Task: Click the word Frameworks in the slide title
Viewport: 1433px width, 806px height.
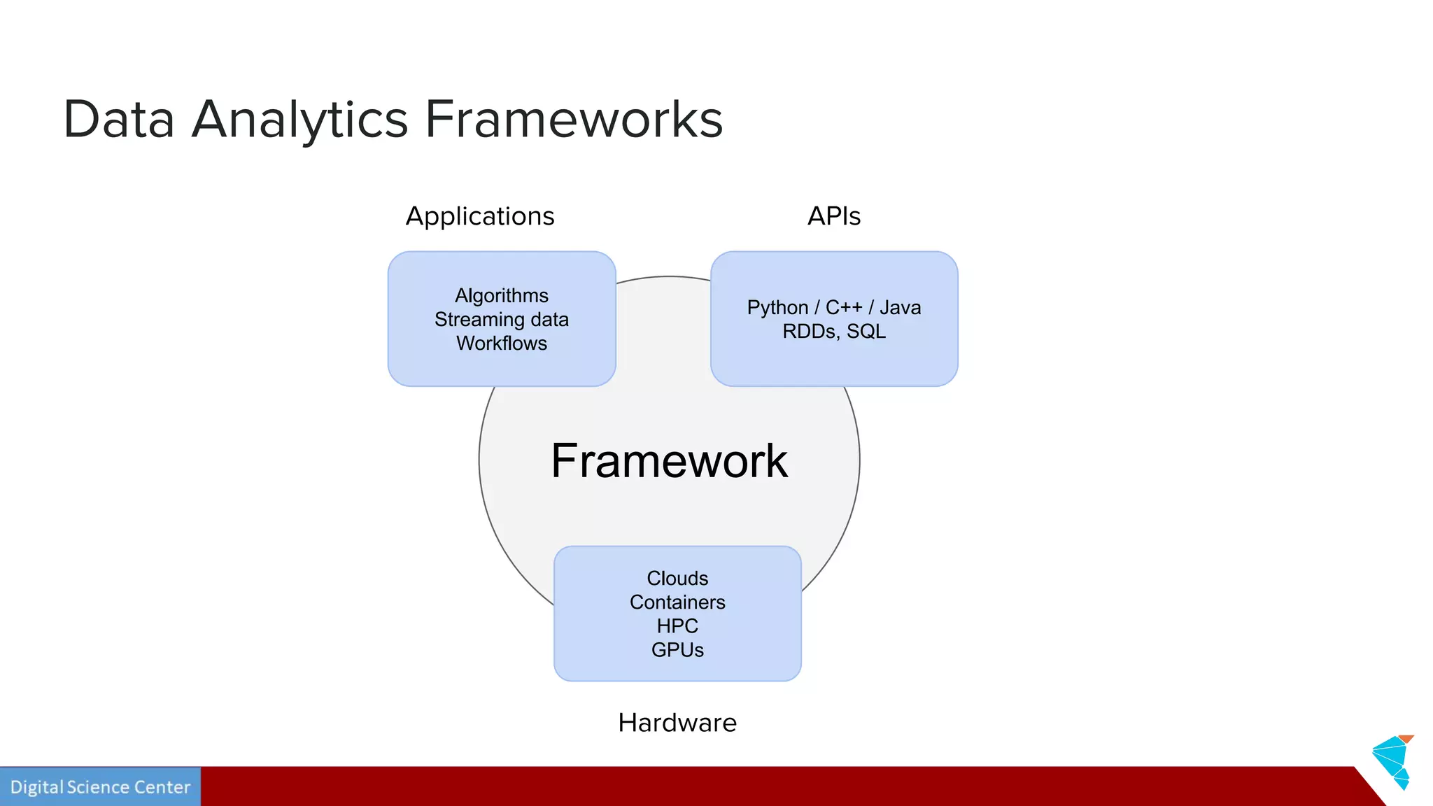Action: coord(574,120)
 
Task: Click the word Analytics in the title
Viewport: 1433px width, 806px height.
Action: coord(299,120)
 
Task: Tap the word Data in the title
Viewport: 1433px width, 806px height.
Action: coord(118,120)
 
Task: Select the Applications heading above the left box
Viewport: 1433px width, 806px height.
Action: coord(480,216)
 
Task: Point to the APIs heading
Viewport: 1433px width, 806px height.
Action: coord(833,216)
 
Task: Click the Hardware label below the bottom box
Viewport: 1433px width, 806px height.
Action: coord(677,723)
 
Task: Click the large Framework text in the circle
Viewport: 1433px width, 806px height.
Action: coord(669,461)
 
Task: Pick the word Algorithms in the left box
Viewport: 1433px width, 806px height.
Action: coord(502,295)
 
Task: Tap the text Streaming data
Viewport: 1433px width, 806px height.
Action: coord(502,319)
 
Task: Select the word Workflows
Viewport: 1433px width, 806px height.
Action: coord(502,343)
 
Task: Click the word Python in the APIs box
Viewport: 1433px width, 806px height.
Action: coord(777,308)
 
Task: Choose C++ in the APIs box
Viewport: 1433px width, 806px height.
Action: coord(844,307)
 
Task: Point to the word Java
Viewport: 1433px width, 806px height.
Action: coord(900,307)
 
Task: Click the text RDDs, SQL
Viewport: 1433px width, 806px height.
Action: coord(834,331)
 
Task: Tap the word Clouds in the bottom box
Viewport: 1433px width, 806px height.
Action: coord(677,578)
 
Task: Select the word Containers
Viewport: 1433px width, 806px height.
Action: coord(677,602)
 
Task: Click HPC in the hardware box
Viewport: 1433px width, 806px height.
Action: coord(677,625)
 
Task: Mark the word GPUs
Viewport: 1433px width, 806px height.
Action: coord(677,649)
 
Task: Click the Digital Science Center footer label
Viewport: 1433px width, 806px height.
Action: coord(100,787)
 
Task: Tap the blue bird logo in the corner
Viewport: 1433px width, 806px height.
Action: coord(1393,761)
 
